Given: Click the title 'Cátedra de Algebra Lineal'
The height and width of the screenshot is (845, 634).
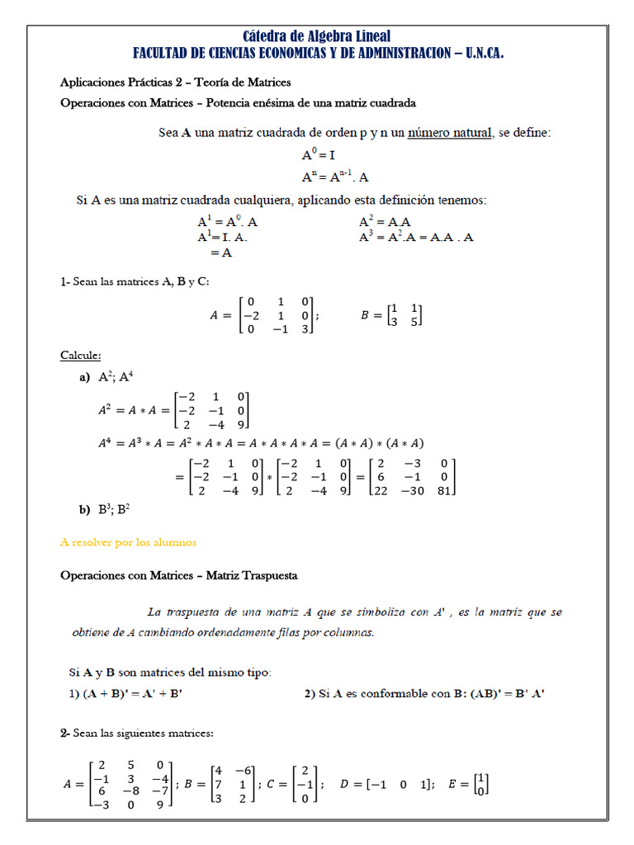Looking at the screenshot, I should click(317, 35).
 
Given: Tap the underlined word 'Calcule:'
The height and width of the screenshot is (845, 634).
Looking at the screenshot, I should click(81, 356).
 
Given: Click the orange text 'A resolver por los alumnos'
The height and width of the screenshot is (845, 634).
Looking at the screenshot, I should click(129, 542).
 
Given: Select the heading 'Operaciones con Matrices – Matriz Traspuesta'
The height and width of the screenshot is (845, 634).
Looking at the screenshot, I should click(179, 574).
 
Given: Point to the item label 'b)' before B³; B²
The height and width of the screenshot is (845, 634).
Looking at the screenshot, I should click(84, 510).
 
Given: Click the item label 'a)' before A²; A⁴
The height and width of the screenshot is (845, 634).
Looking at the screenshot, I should click(84, 377).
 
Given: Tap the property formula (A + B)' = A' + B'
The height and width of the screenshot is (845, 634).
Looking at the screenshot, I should click(125, 693).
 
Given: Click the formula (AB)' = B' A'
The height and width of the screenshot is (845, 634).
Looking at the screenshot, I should click(495, 693).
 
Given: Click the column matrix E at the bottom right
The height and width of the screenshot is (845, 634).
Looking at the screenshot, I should click(471, 783).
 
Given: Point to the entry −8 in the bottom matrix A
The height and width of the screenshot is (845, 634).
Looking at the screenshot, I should click(132, 791).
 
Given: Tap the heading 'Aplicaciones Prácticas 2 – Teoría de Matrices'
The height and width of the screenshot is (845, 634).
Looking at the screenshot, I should click(175, 83).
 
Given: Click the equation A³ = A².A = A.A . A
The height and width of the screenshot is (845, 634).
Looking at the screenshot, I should click(416, 238).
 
